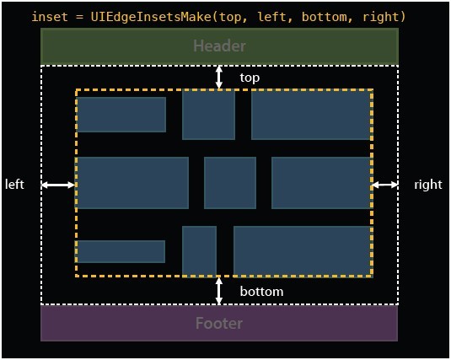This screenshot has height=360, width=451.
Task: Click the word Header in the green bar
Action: point(219,46)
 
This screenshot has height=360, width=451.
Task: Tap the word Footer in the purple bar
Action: point(219,323)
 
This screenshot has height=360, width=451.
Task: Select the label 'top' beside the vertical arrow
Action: point(250,78)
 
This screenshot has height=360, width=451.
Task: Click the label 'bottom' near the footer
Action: point(261,292)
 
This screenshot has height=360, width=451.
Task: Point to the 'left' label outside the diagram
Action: point(14,185)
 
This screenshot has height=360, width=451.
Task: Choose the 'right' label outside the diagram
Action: point(428,185)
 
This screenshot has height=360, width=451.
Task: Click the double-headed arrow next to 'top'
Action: point(219,77)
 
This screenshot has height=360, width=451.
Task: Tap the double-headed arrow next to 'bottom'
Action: point(219,290)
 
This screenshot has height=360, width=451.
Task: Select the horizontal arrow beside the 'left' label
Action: point(58,185)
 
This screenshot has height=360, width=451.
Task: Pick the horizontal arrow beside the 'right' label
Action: point(385,185)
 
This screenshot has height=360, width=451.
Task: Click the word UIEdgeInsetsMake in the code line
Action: point(151,17)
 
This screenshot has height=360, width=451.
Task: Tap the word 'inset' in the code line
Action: point(50,17)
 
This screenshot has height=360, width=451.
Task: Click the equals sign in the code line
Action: point(80,17)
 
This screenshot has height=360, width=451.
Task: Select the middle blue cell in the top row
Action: point(208,116)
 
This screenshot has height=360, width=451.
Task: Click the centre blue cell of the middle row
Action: point(230,183)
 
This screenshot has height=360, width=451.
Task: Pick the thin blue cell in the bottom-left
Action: point(121,251)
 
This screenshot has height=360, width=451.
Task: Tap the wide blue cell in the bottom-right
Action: point(303,251)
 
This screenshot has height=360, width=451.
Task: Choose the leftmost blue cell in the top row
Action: point(121,115)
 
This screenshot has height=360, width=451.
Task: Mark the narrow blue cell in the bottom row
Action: point(199,251)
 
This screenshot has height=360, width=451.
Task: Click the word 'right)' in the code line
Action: point(384,17)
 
